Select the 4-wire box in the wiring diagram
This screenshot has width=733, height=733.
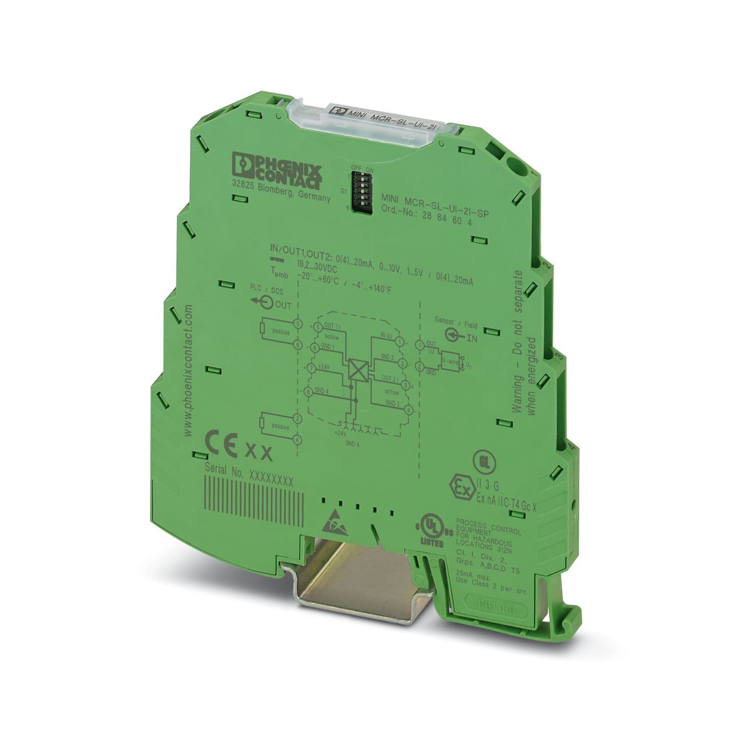point(449,360)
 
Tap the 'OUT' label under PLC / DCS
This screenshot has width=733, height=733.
point(283,305)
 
